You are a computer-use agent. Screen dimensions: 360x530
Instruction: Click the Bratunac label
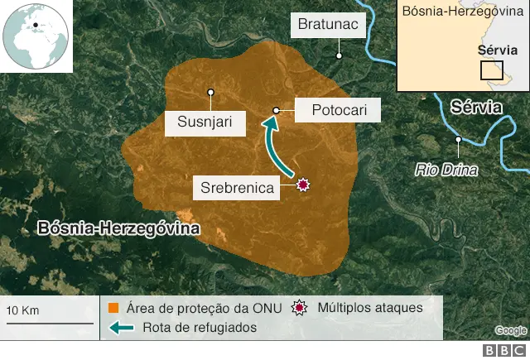[x=329, y=25]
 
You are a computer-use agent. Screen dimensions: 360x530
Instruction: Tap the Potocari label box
[x=333, y=110]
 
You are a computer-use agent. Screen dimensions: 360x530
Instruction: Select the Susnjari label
[x=211, y=123]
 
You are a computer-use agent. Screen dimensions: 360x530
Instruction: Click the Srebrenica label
[x=237, y=188]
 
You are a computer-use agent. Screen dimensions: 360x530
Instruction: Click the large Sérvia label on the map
[x=477, y=107]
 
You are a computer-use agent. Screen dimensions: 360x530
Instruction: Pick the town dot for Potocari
[x=277, y=110]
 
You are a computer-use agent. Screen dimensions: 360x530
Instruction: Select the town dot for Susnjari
[x=211, y=92]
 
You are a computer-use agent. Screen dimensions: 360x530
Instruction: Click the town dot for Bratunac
[x=339, y=55]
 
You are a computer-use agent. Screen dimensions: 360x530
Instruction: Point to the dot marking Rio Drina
[x=457, y=140]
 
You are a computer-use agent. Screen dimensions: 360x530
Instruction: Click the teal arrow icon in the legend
[x=122, y=328]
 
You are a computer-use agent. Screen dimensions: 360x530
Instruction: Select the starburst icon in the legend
[x=300, y=308]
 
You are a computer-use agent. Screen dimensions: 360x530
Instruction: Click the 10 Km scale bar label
[x=23, y=310]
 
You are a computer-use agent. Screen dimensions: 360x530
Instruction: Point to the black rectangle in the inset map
[x=491, y=69]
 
